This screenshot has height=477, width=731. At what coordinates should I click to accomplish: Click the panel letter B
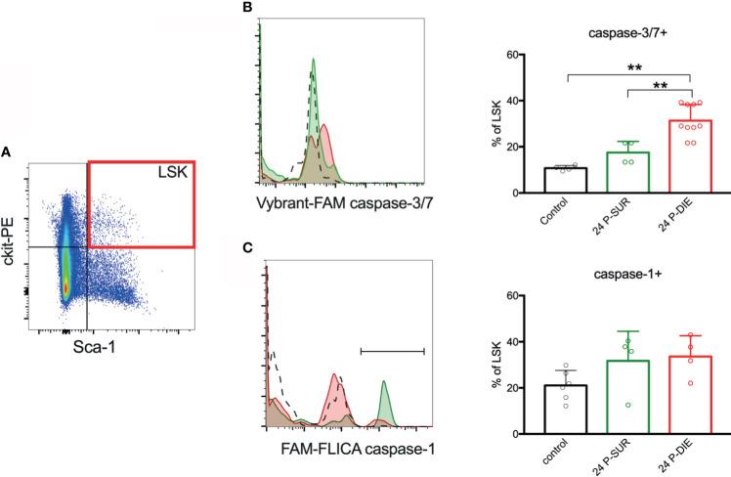point(247,8)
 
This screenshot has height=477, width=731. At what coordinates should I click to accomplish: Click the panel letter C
point(247,247)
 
